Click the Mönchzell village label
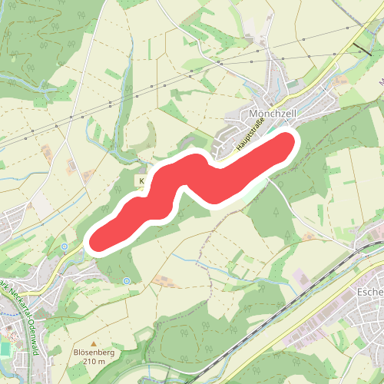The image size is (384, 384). [273, 113]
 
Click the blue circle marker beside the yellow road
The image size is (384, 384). [65, 247]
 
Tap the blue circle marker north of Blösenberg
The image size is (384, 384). [127, 281]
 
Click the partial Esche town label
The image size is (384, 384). [370, 293]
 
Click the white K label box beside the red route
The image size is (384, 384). [141, 181]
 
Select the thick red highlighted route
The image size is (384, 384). [192, 184]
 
